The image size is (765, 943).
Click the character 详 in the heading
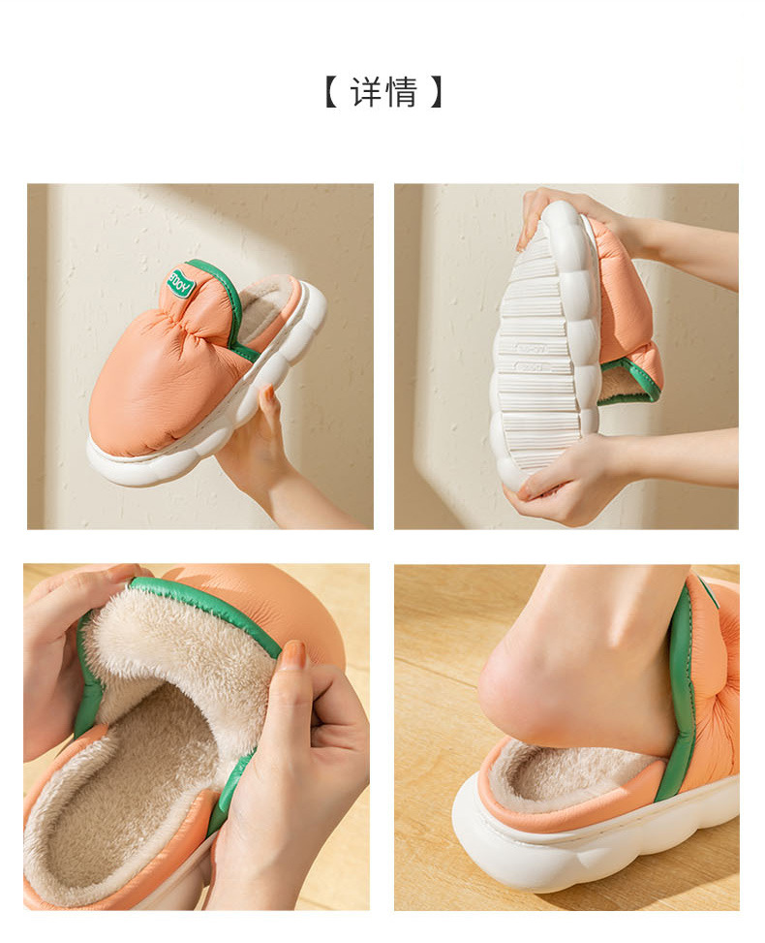coord(367,92)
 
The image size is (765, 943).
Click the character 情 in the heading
coord(401,92)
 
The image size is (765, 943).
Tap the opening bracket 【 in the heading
coord(329,92)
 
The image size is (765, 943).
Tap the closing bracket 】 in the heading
coord(437,92)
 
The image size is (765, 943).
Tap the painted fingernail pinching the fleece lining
coord(292,656)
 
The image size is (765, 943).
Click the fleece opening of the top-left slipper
coord(267,306)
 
